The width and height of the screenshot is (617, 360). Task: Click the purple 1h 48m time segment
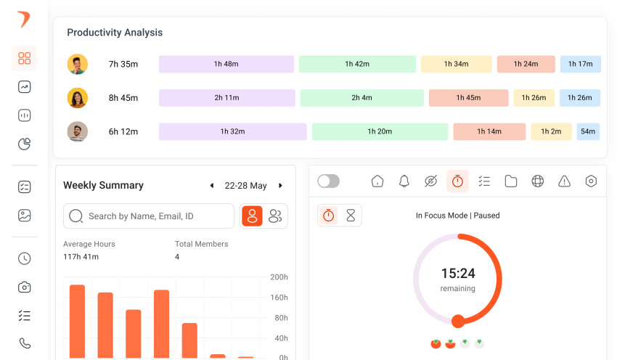(x=226, y=64)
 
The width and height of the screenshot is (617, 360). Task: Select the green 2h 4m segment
(x=361, y=98)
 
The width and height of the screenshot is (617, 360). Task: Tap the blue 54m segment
(x=588, y=131)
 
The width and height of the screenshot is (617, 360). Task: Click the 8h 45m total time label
(x=123, y=98)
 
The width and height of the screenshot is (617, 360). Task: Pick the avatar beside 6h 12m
(x=78, y=131)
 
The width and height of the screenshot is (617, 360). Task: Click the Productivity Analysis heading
(x=115, y=33)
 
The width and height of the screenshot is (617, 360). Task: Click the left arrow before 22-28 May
(x=212, y=186)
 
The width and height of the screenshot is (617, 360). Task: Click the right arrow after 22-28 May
(x=280, y=186)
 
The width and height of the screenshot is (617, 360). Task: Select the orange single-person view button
(x=252, y=216)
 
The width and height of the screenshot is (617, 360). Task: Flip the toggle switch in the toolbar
(x=328, y=181)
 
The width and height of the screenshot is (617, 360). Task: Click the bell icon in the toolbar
(x=404, y=181)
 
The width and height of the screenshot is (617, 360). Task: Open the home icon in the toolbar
(x=377, y=181)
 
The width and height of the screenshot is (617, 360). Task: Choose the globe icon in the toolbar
(x=538, y=181)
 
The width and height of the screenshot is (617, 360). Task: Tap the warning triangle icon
(x=565, y=181)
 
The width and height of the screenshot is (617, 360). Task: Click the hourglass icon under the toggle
(x=351, y=216)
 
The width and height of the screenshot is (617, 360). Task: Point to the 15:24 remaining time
(x=457, y=274)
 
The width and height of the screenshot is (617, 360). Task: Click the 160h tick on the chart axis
(x=279, y=298)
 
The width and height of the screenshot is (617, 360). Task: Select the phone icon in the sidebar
(x=25, y=343)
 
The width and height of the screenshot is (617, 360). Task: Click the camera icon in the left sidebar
(x=25, y=287)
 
